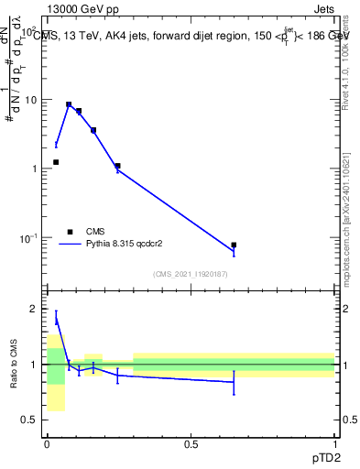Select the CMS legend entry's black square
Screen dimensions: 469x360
(69, 232)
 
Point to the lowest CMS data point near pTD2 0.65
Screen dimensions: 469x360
(234, 245)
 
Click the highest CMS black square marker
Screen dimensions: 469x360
(69, 104)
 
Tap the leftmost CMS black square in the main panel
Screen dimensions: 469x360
(56, 162)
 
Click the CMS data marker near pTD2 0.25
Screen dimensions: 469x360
(117, 166)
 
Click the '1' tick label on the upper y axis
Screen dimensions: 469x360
(35, 169)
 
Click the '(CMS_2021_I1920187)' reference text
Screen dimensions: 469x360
(190, 274)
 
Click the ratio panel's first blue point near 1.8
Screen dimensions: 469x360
(56, 318)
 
